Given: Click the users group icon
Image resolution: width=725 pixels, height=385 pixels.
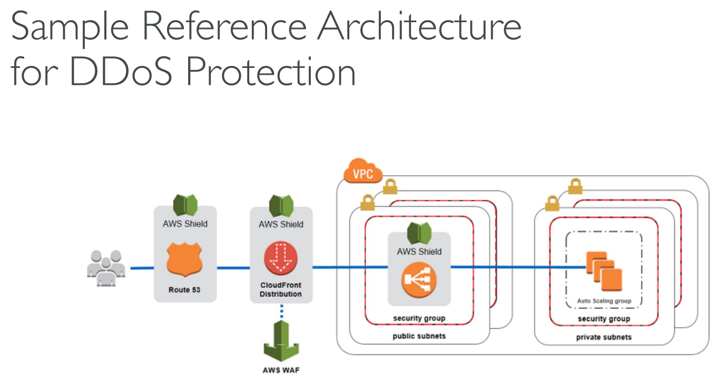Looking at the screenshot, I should [x=106, y=268].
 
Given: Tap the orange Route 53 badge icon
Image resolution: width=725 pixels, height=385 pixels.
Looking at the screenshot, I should [x=184, y=260].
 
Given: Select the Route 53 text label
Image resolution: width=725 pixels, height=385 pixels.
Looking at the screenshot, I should [x=184, y=290].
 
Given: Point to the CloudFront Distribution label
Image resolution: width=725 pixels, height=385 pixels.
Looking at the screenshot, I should [x=281, y=290].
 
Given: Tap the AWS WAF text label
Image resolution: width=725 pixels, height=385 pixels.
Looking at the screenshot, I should [x=281, y=370].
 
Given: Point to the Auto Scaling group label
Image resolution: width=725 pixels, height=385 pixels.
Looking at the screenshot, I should [x=604, y=301].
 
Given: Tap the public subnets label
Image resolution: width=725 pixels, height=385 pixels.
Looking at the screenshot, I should [x=419, y=336].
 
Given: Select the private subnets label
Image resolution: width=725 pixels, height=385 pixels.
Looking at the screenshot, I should [x=604, y=337].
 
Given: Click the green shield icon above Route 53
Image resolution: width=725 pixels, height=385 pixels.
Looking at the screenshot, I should [x=185, y=205].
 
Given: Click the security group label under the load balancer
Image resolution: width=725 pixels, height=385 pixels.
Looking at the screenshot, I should [x=419, y=318].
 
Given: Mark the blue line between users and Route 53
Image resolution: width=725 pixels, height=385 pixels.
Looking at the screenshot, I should [x=142, y=268].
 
